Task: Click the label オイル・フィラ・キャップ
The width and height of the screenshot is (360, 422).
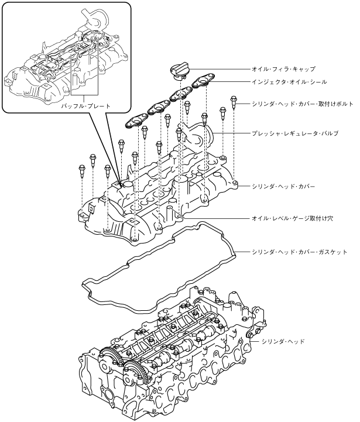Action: (283, 68)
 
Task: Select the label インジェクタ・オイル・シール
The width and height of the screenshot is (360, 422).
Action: (289, 83)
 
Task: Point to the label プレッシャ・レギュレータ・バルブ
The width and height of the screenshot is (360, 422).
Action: (295, 133)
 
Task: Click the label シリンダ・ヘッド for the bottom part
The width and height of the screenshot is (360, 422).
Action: (283, 341)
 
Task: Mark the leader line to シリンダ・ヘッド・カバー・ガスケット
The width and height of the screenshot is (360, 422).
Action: (242, 252)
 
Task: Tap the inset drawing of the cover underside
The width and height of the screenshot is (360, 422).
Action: (64, 59)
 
